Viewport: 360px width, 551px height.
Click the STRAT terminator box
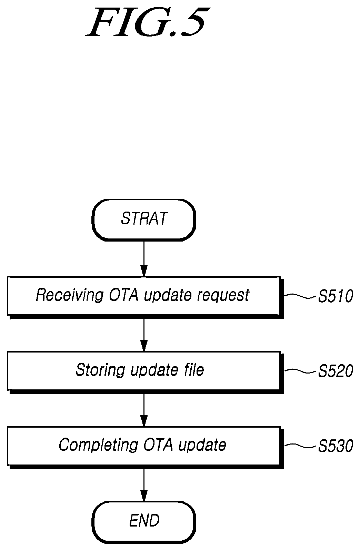click(x=144, y=220)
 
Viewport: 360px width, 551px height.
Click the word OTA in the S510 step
click(x=123, y=295)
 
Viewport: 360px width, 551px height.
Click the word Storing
click(x=100, y=370)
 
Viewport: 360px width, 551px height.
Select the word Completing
click(x=98, y=445)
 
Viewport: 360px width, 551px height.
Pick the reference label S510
click(x=336, y=296)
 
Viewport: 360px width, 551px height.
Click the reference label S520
click(x=336, y=371)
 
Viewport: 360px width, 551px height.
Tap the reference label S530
click(x=336, y=446)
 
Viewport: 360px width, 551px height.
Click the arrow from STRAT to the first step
click(x=144, y=259)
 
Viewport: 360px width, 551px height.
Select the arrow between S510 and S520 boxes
click(x=144, y=335)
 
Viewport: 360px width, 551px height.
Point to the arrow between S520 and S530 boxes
click(x=144, y=410)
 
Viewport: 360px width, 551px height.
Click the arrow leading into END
click(x=144, y=485)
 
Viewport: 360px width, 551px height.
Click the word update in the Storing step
click(x=154, y=370)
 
